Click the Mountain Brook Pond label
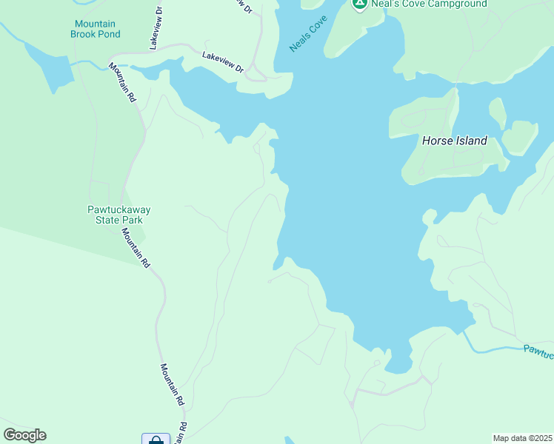(95, 29)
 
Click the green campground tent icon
(359, 4)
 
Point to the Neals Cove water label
(307, 36)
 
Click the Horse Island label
(454, 141)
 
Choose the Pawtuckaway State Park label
(114, 215)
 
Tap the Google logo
(24, 435)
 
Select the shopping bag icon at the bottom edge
(156, 440)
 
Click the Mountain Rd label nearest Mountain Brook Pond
(123, 82)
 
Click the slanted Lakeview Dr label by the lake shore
(223, 61)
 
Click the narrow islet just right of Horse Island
(498, 112)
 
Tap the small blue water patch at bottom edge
(288, 440)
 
